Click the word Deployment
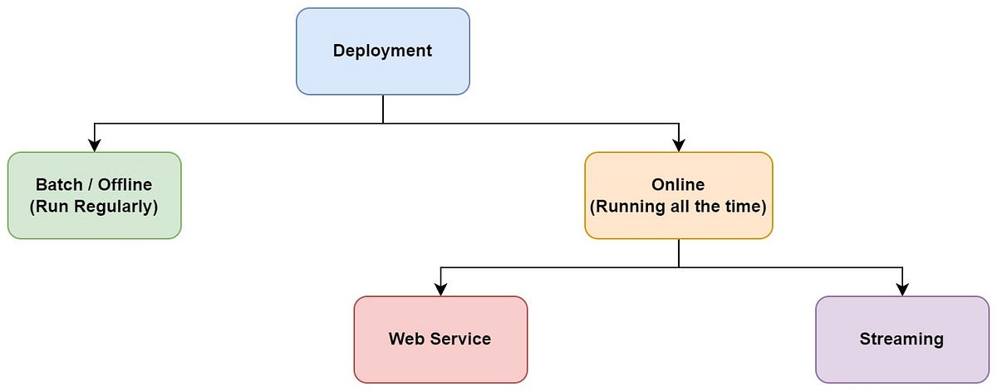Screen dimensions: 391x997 (x=383, y=51)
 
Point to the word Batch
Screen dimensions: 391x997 (x=58, y=185)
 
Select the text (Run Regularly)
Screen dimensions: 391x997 (x=94, y=206)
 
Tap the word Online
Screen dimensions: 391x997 (x=678, y=185)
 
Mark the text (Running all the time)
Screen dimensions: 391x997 (x=678, y=206)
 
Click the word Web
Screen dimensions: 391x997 (x=406, y=339)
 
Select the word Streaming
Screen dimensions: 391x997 (x=901, y=339)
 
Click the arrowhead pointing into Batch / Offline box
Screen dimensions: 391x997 (x=95, y=146)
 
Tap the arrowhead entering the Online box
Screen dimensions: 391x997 (x=679, y=146)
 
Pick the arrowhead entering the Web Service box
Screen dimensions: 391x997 (x=440, y=290)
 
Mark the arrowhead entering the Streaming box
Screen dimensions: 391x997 (x=902, y=290)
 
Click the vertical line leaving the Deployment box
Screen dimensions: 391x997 (x=383, y=108)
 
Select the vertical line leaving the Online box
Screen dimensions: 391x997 (x=679, y=253)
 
